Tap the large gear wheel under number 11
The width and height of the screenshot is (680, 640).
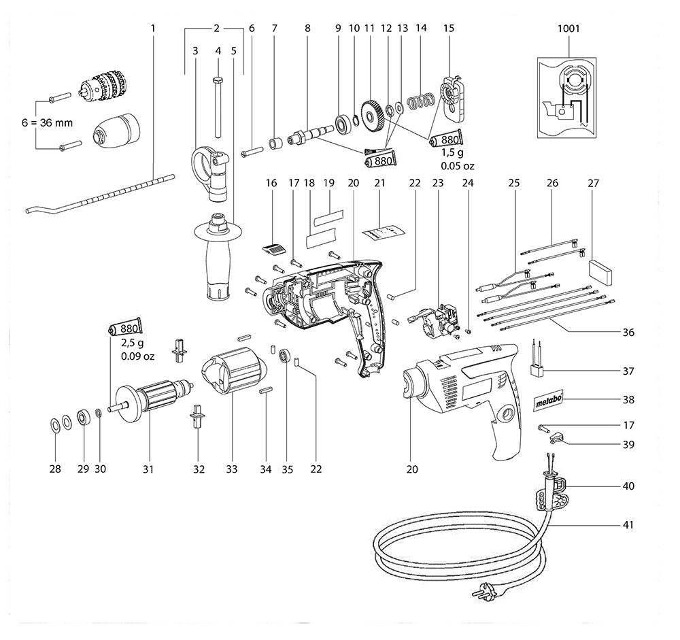[372, 113]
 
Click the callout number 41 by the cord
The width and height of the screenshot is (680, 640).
[628, 524]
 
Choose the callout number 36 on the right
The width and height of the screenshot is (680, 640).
[628, 333]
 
